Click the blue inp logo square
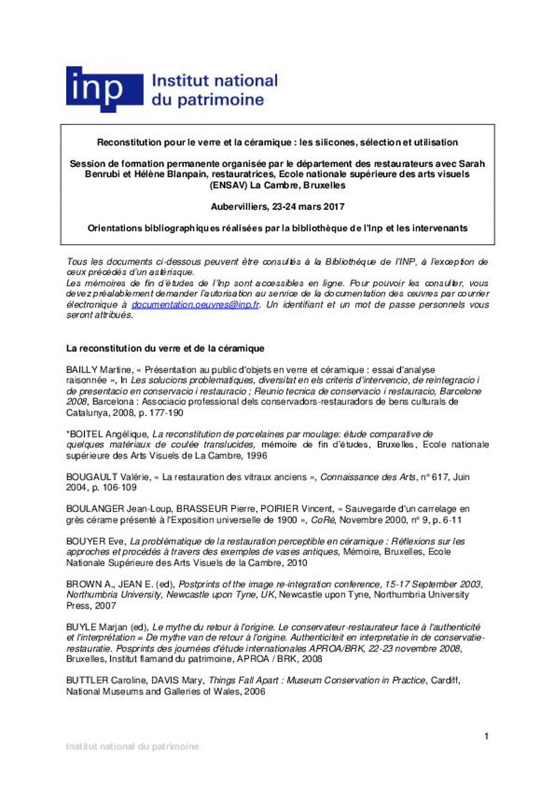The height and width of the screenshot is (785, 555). coord(104,89)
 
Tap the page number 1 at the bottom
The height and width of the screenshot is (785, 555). coord(486,737)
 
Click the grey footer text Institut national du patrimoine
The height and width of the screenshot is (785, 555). coord(132,746)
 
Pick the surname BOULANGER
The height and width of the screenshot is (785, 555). coord(98,508)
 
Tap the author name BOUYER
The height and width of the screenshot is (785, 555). coord(86,541)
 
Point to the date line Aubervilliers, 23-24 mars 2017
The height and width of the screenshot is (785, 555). coord(277,206)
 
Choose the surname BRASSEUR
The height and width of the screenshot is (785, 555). coord(206,508)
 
